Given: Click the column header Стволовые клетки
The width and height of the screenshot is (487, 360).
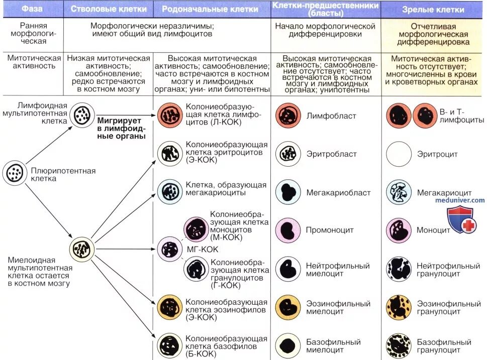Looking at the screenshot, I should pyautogui.click(x=109, y=9).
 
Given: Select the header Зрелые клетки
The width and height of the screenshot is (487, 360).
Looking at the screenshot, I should pyautogui.click(x=433, y=10).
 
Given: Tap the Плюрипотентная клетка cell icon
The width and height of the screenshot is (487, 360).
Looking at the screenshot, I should pyautogui.click(x=15, y=173).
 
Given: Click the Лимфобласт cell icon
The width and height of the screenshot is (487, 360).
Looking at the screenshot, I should pyautogui.click(x=288, y=116).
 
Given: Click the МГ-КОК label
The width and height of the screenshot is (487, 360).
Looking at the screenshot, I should pyautogui.click(x=202, y=249).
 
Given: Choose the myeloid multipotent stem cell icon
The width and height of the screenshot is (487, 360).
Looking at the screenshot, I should pyautogui.click(x=81, y=248).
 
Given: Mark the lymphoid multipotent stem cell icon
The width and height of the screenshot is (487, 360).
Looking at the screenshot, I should pyautogui.click(x=81, y=115).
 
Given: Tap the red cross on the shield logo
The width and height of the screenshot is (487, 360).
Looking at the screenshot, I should pyautogui.click(x=468, y=226).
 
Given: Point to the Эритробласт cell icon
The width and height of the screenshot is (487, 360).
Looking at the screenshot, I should pyautogui.click(x=288, y=154).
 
